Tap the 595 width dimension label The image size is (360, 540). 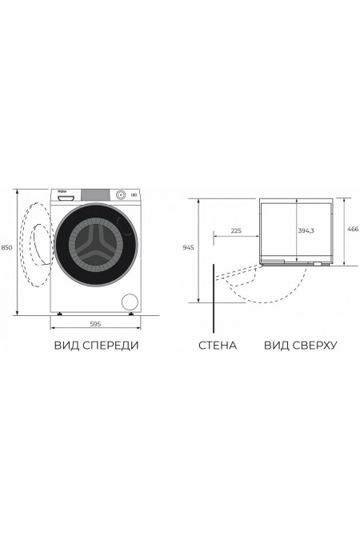[95, 323]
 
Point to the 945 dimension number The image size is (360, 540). [188, 247]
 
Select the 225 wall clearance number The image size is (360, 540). [235, 230]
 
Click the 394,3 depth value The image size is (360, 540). [306, 230]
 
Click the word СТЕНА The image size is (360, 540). [217, 346]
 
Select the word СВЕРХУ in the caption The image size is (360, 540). [311, 346]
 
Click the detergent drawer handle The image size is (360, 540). [69, 196]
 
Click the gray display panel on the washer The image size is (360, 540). [97, 194]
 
